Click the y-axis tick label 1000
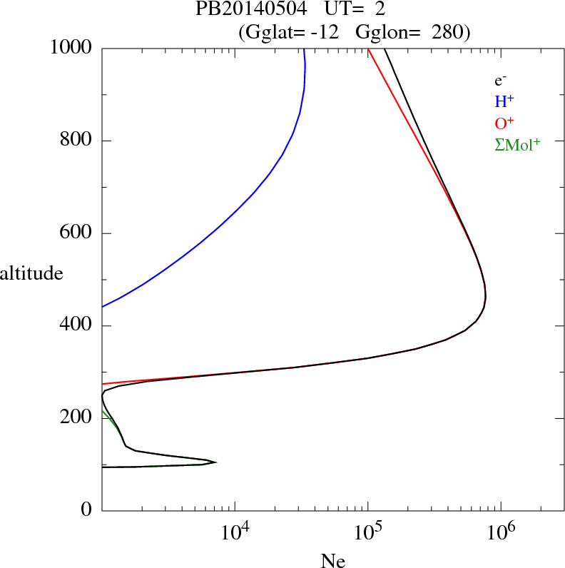(x=71, y=48)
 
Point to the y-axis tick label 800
(x=76, y=141)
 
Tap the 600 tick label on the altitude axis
(x=76, y=233)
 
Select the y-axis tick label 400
(x=76, y=326)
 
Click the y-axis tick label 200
(x=76, y=418)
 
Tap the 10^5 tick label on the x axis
(x=370, y=532)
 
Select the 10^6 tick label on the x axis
(x=502, y=532)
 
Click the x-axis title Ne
(x=333, y=561)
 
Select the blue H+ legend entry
(x=504, y=102)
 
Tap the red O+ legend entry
(x=504, y=123)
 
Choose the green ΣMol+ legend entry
(x=517, y=145)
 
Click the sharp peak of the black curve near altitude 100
(x=215, y=462)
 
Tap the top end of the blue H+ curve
(x=304, y=49)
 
